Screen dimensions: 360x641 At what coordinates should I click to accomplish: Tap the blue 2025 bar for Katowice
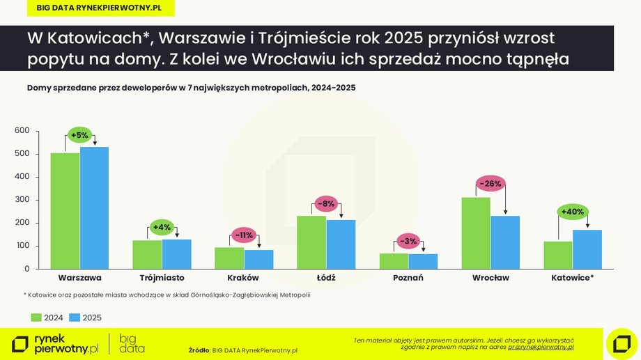pos(587,249)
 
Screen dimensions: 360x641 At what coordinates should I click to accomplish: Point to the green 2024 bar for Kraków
pos(229,258)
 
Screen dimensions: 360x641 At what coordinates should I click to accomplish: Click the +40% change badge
pos(572,212)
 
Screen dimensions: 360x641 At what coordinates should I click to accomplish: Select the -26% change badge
pos(491,184)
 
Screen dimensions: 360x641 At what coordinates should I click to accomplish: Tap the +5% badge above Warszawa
pos(79,135)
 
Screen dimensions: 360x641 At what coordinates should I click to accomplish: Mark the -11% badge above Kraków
pos(243,235)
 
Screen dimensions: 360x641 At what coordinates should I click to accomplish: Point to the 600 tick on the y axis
pos(22,131)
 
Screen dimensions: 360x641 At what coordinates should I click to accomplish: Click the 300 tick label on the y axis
pos(22,200)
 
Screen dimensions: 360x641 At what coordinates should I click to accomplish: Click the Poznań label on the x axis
pos(408,278)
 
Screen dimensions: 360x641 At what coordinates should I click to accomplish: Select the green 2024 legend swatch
pos(36,318)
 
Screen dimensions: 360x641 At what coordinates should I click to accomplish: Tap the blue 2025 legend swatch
pos(75,318)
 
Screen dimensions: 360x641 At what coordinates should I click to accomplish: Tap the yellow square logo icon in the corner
pos(621,343)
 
